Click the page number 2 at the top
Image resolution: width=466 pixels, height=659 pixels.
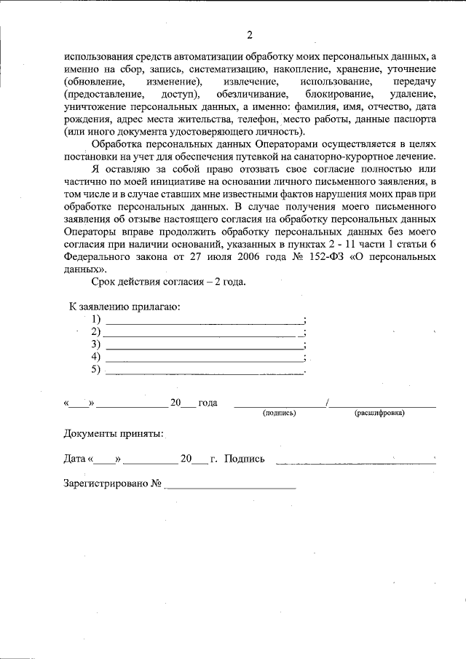tap(249, 36)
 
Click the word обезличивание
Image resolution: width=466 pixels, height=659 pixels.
tap(250, 95)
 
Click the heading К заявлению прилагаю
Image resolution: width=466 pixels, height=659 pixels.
tap(125, 307)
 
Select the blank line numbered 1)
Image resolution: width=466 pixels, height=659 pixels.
tap(205, 323)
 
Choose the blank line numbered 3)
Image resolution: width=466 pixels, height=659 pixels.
tap(205, 347)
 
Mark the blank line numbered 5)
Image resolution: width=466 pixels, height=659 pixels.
tap(205, 373)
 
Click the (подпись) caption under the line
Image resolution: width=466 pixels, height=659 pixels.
tap(279, 413)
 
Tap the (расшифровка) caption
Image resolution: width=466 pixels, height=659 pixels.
tap(381, 413)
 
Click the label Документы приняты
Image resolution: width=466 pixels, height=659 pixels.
tap(114, 434)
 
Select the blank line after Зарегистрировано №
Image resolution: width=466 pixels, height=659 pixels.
tap(230, 486)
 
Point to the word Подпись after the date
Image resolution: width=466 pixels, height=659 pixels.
tap(245, 459)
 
